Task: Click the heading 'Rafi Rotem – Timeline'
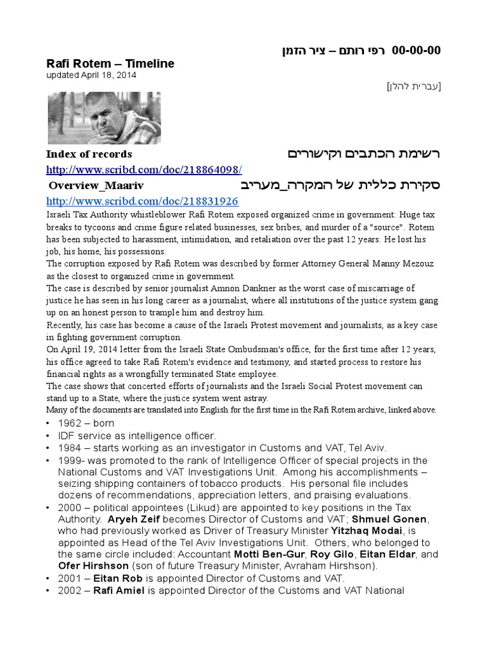tap(110, 64)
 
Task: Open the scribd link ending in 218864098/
tap(145, 169)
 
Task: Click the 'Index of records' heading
tap(89, 154)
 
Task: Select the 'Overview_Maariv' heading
tap(96, 185)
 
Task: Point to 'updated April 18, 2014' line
tap(91, 75)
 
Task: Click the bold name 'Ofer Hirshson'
tap(93, 566)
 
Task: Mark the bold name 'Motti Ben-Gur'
tap(268, 554)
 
